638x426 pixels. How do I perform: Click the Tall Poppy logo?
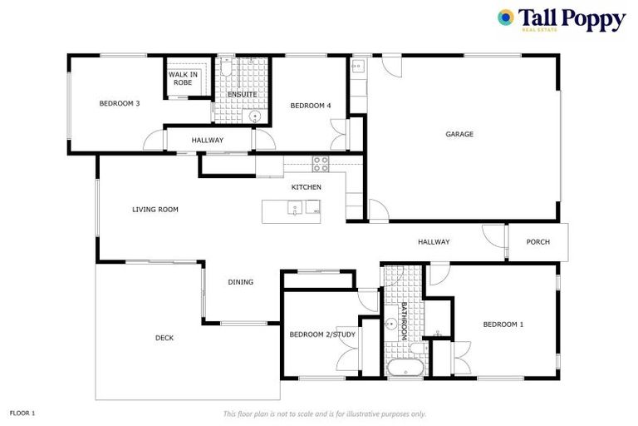[x=561, y=19]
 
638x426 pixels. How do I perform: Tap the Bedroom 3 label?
[x=119, y=104]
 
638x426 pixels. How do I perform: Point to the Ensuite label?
[x=242, y=94]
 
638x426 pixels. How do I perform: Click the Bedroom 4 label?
[x=311, y=106]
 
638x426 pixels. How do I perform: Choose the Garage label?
[x=459, y=134]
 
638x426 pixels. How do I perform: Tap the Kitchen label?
[x=306, y=187]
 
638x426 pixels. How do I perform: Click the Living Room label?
[x=155, y=210]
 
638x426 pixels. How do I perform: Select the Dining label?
[x=240, y=282]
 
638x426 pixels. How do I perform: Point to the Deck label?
[x=164, y=338]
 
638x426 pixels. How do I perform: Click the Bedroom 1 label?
[x=503, y=324]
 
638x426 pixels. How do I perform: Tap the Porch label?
[x=538, y=242]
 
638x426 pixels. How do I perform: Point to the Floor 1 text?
[x=22, y=413]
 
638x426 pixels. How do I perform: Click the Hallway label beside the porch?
[x=434, y=242]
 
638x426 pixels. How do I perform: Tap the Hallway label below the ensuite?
[x=207, y=140]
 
